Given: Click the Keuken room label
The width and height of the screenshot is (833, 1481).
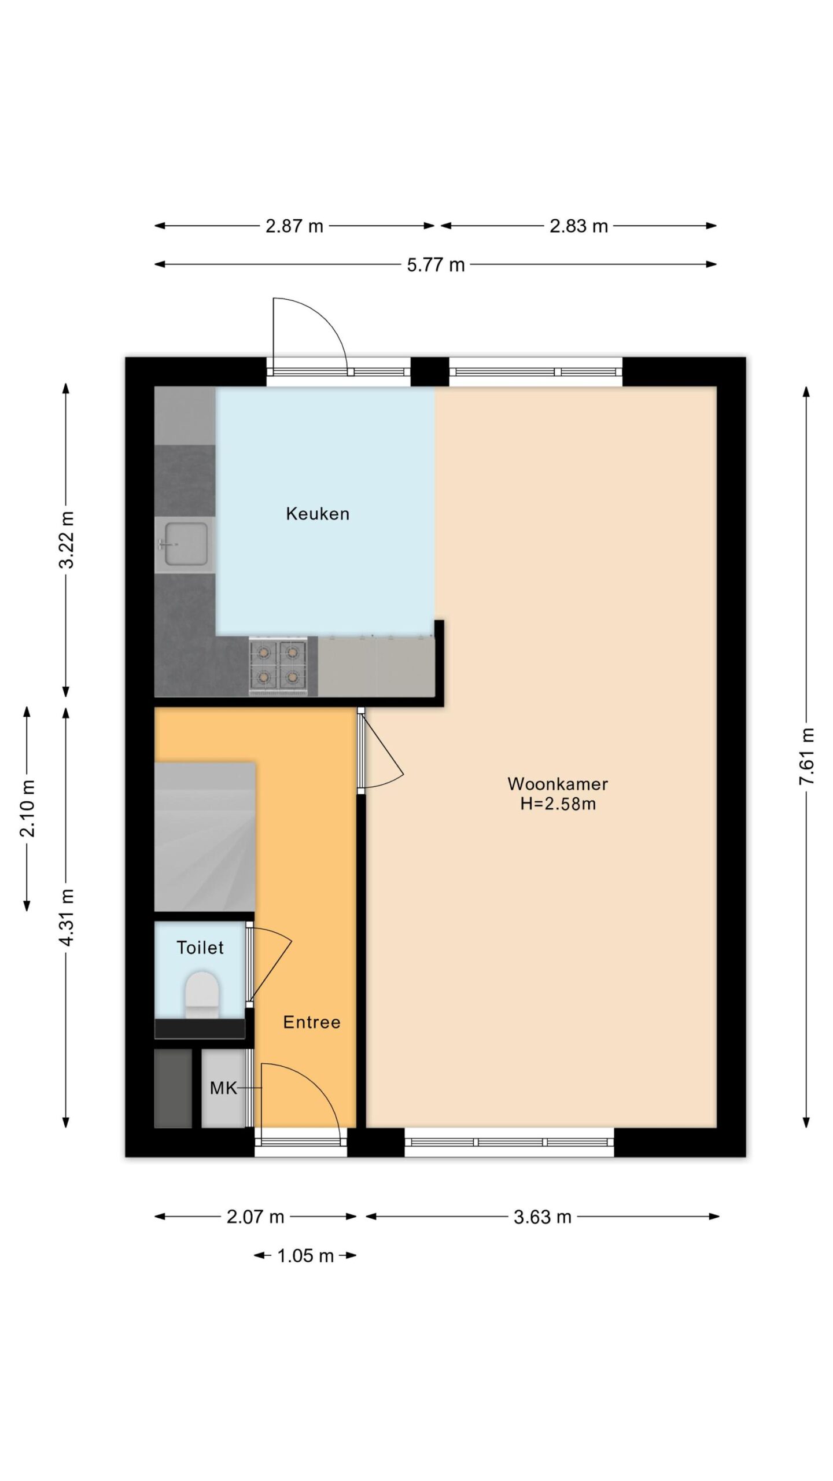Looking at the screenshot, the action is pyautogui.click(x=318, y=514).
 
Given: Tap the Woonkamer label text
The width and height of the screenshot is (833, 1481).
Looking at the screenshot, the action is pyautogui.click(x=558, y=784).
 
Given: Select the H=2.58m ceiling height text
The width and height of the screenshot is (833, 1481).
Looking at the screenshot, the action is pyautogui.click(x=558, y=804).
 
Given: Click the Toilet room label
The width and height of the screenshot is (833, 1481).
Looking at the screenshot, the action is pyautogui.click(x=200, y=948).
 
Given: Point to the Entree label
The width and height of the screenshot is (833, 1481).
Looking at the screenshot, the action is pyautogui.click(x=312, y=1022).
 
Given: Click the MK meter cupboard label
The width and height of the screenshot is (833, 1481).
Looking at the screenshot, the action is pyautogui.click(x=223, y=1088).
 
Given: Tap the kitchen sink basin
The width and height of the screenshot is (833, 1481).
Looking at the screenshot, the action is pyautogui.click(x=186, y=544).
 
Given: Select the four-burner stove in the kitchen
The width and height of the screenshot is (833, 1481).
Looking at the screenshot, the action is pyautogui.click(x=278, y=666).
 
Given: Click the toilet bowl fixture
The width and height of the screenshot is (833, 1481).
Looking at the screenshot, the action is pyautogui.click(x=201, y=994).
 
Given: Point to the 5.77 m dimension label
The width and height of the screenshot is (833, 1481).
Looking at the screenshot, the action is pyautogui.click(x=436, y=265).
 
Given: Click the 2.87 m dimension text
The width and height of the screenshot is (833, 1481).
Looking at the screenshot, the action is pyautogui.click(x=294, y=226).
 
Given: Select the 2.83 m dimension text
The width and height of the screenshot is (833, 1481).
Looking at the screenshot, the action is pyautogui.click(x=578, y=226).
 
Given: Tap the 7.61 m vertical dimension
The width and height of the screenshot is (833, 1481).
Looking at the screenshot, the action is pyautogui.click(x=806, y=757).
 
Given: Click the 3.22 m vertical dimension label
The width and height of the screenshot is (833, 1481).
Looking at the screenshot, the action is pyautogui.click(x=67, y=540).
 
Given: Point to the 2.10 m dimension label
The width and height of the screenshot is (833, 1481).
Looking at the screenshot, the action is pyautogui.click(x=27, y=808).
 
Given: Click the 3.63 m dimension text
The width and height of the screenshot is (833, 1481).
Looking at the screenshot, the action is pyautogui.click(x=542, y=1217).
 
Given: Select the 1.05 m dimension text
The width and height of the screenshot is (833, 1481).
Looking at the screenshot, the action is pyautogui.click(x=305, y=1256).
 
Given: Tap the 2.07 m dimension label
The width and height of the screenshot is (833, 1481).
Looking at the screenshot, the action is pyautogui.click(x=255, y=1217).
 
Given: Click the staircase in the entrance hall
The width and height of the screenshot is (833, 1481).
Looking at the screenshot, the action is pyautogui.click(x=205, y=837).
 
